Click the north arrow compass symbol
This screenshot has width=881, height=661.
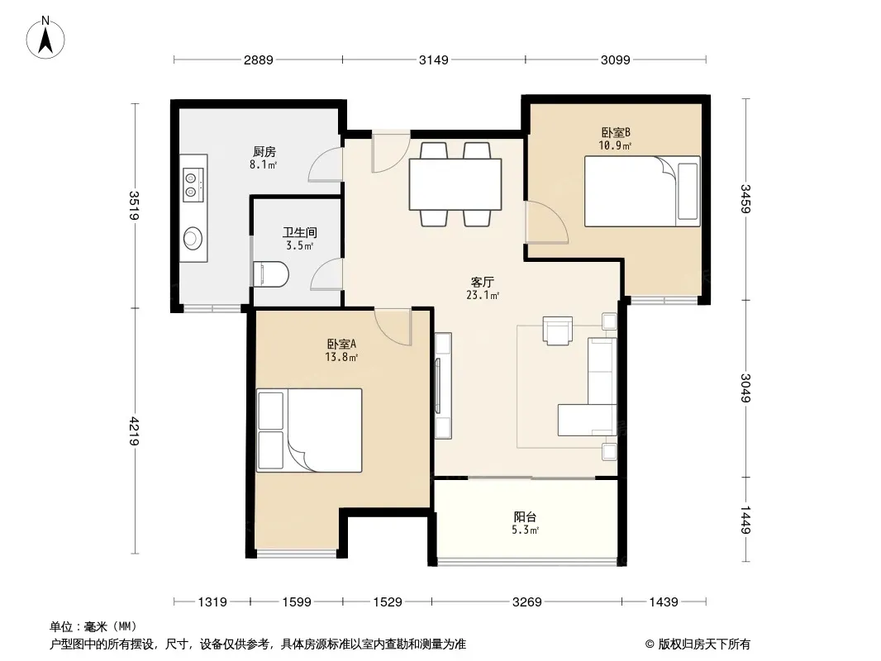click(x=45, y=37)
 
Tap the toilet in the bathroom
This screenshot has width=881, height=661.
click(x=271, y=274)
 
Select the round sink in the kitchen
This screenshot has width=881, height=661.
click(x=193, y=238)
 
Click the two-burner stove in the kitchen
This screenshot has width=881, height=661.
click(x=192, y=185)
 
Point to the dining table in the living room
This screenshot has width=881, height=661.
click(x=455, y=184)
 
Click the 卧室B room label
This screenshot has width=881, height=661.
click(x=616, y=132)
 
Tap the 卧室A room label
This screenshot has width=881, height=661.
click(x=341, y=344)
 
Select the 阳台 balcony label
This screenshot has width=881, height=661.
click(x=525, y=516)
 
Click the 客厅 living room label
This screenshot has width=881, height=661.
click(x=482, y=282)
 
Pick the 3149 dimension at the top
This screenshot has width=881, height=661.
click(x=434, y=59)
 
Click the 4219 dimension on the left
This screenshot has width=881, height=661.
click(x=134, y=430)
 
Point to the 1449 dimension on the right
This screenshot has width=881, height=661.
click(x=745, y=520)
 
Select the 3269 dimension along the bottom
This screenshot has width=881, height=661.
click(x=527, y=602)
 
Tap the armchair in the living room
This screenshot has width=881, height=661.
click(x=557, y=330)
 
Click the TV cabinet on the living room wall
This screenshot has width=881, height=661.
click(x=443, y=386)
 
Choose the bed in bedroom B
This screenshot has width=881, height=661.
click(x=642, y=192)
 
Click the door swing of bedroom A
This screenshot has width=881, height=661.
click(x=393, y=327)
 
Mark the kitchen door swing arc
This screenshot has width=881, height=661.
click(x=325, y=164)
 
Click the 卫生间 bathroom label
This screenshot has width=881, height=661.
click(x=299, y=232)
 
